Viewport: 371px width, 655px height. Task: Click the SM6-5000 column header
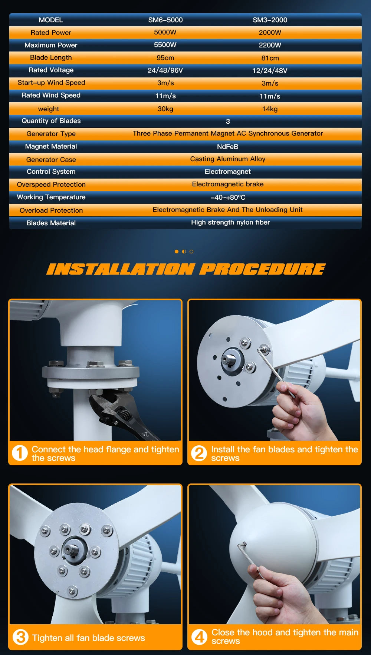click(165, 20)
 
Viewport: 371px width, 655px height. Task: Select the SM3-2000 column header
click(270, 20)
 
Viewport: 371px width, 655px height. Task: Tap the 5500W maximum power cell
click(165, 45)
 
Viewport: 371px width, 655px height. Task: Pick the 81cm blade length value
click(270, 58)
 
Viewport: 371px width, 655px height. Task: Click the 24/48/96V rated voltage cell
click(165, 70)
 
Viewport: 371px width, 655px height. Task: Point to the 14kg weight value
click(270, 109)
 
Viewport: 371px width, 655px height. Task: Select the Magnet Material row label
click(51, 146)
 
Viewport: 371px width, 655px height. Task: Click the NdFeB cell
click(227, 147)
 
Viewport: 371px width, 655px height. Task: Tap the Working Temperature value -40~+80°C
click(228, 197)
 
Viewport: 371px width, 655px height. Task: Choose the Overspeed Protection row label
click(51, 184)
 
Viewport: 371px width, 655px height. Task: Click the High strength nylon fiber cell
click(230, 222)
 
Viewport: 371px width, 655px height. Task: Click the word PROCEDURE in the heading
click(262, 269)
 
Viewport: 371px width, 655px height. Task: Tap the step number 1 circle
click(20, 453)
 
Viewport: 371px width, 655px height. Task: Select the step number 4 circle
click(199, 637)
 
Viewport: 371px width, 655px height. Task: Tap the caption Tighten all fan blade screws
click(88, 638)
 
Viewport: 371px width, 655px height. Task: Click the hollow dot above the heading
click(191, 252)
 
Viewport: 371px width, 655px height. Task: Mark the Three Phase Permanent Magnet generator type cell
click(228, 133)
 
